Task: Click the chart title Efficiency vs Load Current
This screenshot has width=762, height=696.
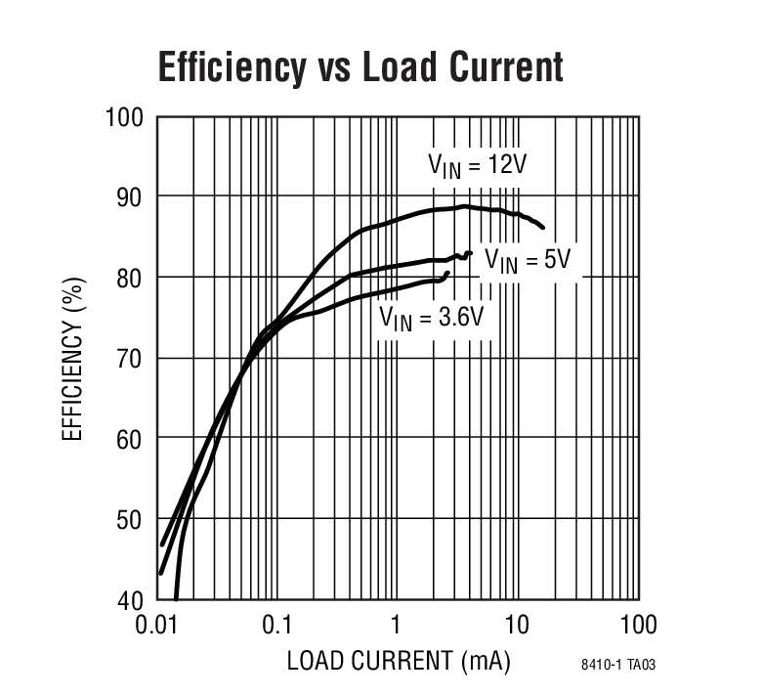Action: pos(360,67)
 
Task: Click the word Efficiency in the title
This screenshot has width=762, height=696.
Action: pos(230,67)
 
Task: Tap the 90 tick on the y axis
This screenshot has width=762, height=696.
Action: pos(129,197)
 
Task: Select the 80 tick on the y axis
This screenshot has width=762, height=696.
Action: pos(129,278)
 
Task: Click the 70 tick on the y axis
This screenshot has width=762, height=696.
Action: pos(129,358)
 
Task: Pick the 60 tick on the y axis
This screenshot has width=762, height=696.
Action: pos(129,439)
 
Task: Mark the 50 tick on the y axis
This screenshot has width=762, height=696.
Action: pos(129,519)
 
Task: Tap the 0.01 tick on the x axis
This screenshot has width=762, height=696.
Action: pos(159,625)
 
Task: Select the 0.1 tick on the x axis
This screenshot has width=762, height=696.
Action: pos(277,625)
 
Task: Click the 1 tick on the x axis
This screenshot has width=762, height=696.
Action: pos(397,625)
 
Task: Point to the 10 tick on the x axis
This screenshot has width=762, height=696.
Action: pos(517,625)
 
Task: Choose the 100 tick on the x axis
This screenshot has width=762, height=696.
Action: pos(637,625)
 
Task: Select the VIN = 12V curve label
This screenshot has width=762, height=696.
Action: pos(476,163)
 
